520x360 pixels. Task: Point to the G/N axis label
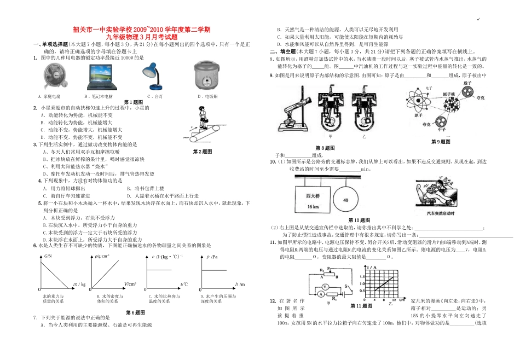pos(48,256)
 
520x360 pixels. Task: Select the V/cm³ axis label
pos(130,284)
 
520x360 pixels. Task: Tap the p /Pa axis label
pos(212,256)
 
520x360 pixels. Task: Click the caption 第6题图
pos(135,312)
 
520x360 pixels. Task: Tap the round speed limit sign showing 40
pos(345,200)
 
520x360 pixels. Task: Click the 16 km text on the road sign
pos(313,207)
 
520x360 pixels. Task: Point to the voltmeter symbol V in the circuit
pos(325,287)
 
